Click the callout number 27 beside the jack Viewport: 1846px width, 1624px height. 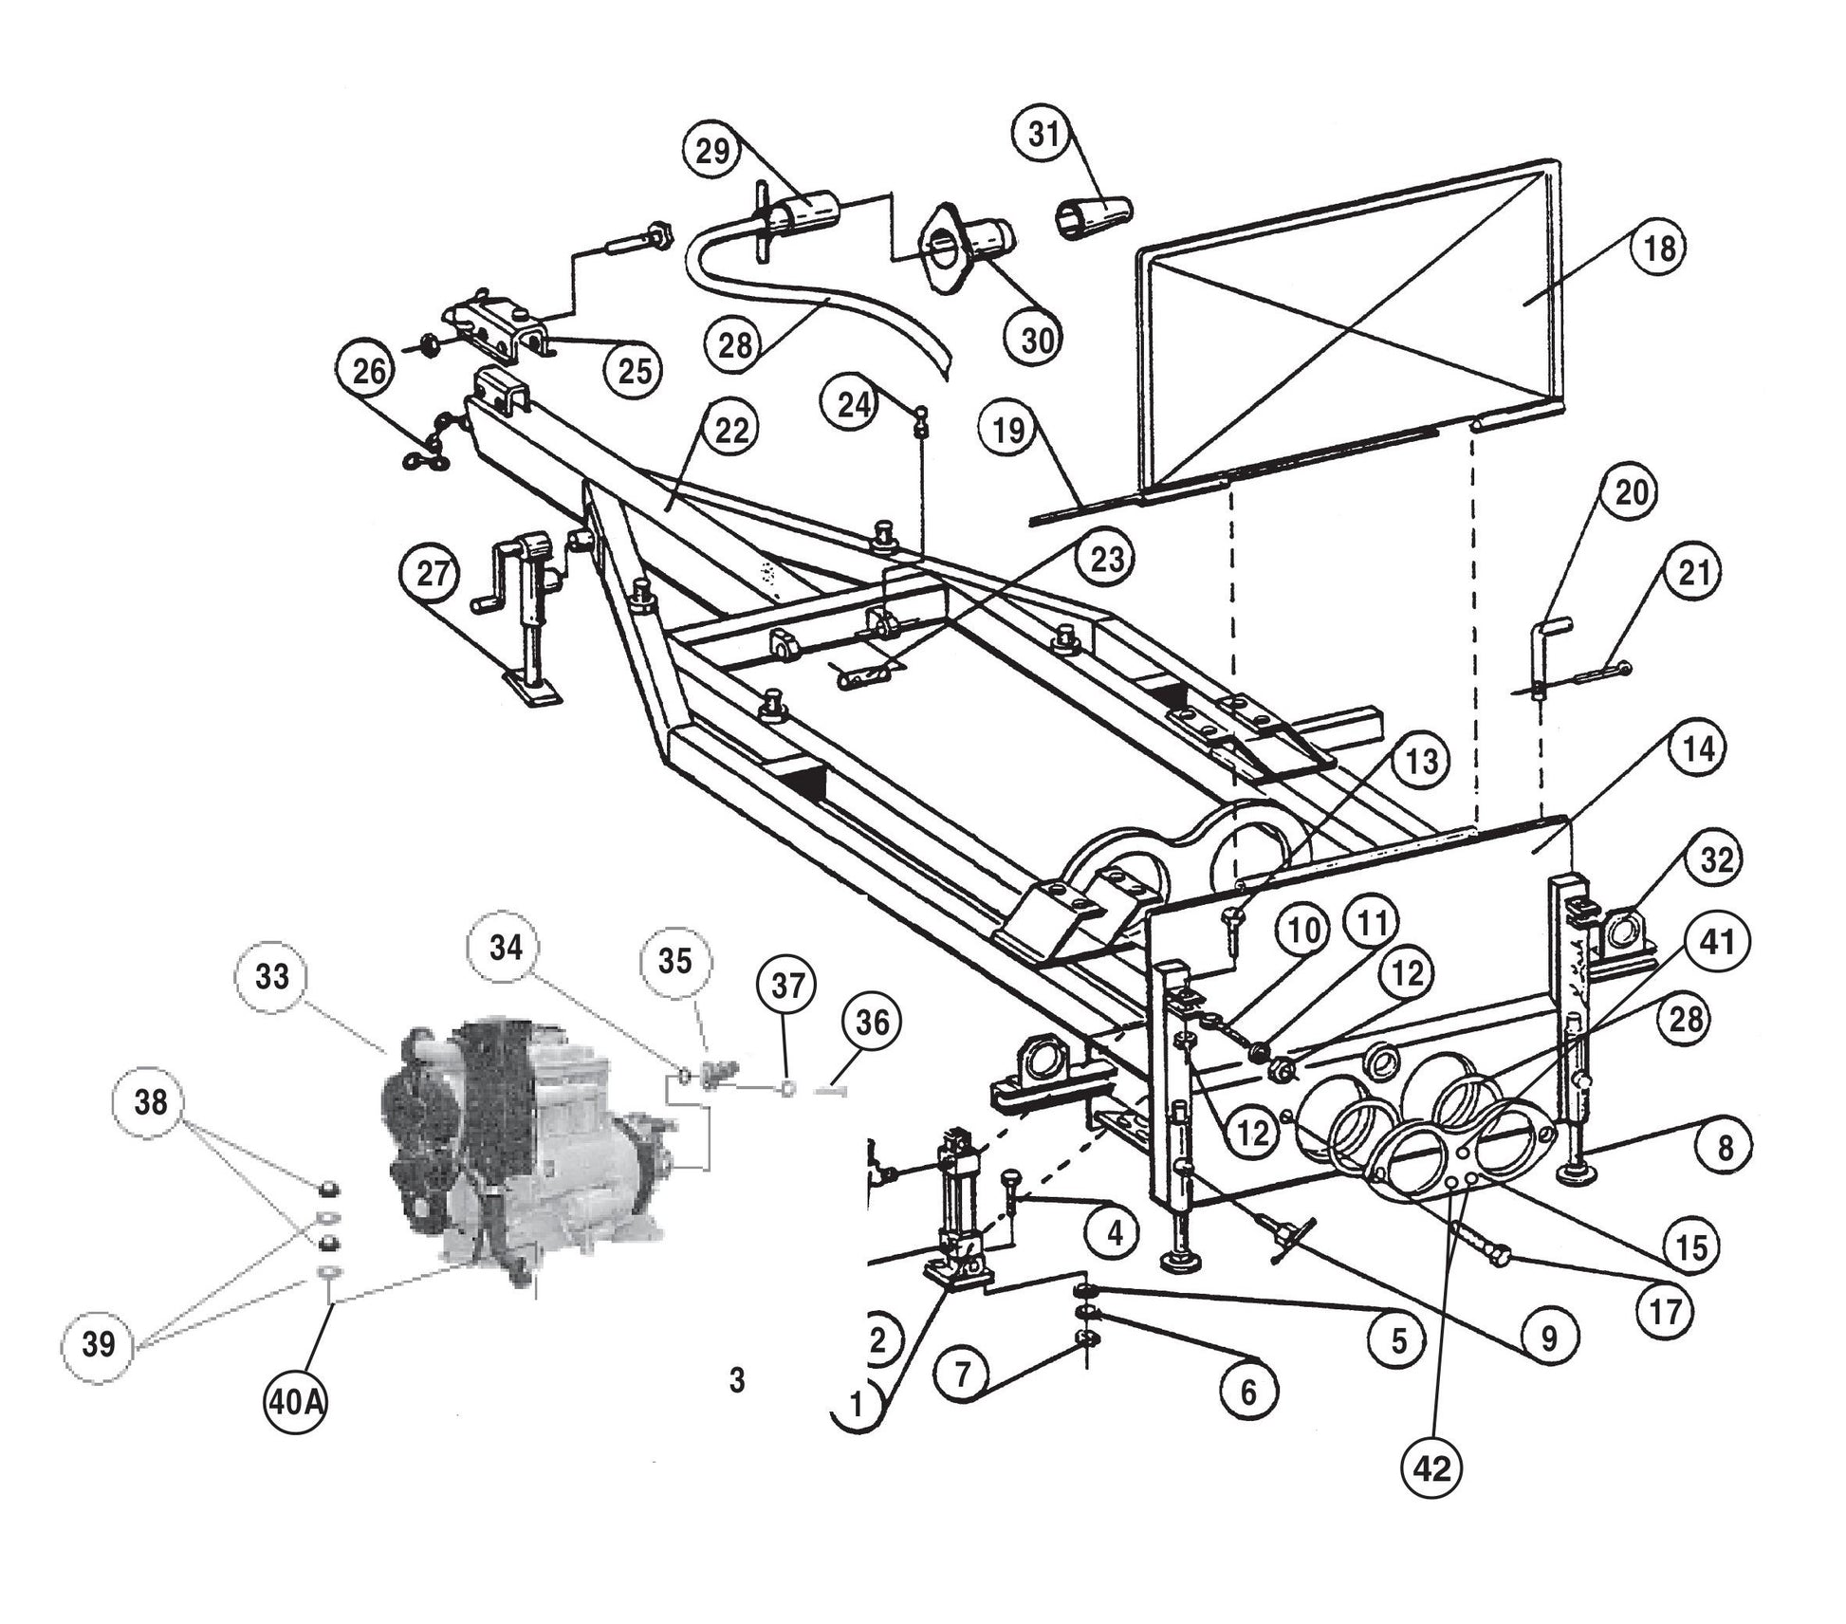[x=433, y=574]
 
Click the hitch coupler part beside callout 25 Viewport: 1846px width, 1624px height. [x=496, y=328]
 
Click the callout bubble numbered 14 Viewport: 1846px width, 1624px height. [x=1698, y=749]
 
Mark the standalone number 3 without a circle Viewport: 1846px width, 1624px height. [x=737, y=1381]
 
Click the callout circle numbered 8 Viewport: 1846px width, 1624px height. [x=1725, y=1149]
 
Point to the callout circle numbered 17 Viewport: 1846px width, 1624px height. [x=1667, y=1312]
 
